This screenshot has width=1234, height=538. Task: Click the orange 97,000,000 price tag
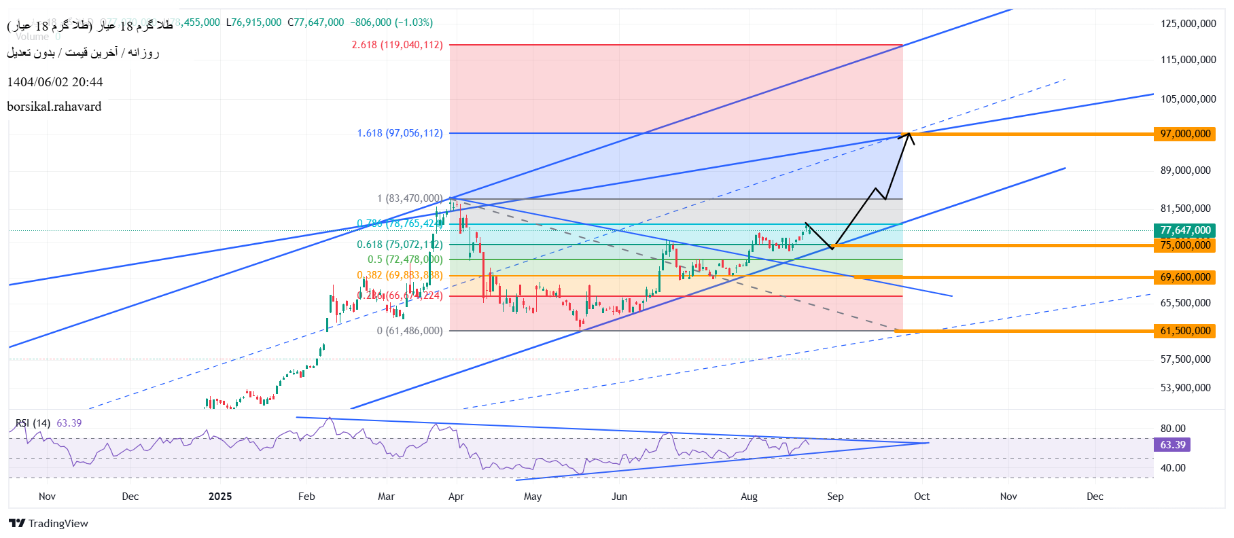click(1184, 134)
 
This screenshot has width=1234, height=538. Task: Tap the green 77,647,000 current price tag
click(1184, 230)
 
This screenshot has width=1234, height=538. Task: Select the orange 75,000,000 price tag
click(1184, 245)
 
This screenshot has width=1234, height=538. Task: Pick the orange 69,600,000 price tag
click(1184, 277)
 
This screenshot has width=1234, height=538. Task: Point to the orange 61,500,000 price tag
click(1184, 331)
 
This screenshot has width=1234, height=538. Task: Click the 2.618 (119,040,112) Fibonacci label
click(397, 45)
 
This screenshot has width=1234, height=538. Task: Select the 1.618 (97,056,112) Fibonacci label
click(400, 133)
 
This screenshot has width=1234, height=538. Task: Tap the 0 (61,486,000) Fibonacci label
click(410, 331)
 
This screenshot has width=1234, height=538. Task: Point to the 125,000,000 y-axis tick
click(1188, 24)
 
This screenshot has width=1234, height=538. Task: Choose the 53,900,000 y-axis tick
click(1185, 388)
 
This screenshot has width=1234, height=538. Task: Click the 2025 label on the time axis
click(220, 497)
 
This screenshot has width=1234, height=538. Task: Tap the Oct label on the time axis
click(921, 497)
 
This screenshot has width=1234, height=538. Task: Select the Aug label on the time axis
click(749, 497)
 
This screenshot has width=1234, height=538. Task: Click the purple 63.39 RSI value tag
click(1172, 445)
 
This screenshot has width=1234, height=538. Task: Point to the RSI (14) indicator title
click(33, 423)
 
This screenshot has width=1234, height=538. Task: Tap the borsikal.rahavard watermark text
click(54, 107)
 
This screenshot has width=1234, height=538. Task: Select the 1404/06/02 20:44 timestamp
click(55, 82)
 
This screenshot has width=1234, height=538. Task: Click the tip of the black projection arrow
click(909, 132)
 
